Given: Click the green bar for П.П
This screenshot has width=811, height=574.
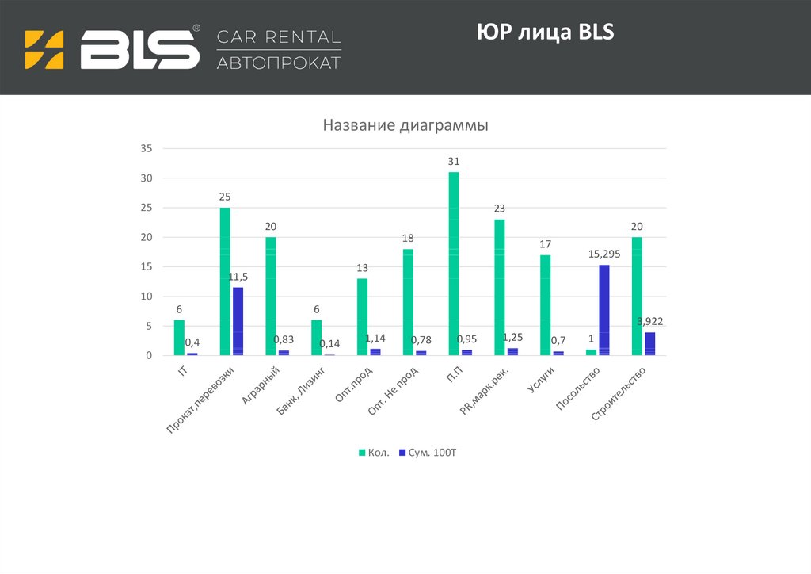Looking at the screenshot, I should (x=454, y=264).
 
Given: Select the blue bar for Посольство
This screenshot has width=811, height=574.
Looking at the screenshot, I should (x=604, y=310).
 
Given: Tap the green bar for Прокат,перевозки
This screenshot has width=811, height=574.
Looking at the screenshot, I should (x=225, y=281).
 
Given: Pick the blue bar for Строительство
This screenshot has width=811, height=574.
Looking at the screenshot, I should (x=650, y=343).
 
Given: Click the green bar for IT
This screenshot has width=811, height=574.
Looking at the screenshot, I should (x=179, y=338).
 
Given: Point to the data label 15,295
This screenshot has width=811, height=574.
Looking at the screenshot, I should (x=604, y=254).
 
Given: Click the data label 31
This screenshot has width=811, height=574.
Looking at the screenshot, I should (x=454, y=162).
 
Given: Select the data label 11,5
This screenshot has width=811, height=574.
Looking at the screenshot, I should (x=238, y=277).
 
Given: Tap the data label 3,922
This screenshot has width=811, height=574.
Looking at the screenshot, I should (x=650, y=321).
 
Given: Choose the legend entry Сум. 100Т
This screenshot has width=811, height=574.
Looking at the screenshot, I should (x=428, y=452).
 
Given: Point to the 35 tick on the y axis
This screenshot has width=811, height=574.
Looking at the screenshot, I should (x=146, y=148).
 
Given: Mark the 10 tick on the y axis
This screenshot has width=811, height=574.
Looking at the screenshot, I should (x=146, y=297).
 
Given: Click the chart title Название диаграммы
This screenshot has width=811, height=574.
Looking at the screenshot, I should (x=405, y=125).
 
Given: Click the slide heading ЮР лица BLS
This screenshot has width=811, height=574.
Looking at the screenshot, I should (x=546, y=33).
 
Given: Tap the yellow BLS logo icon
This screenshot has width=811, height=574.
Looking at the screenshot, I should (x=44, y=49).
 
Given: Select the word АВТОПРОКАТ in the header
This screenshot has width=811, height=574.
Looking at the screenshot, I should (x=279, y=63).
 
